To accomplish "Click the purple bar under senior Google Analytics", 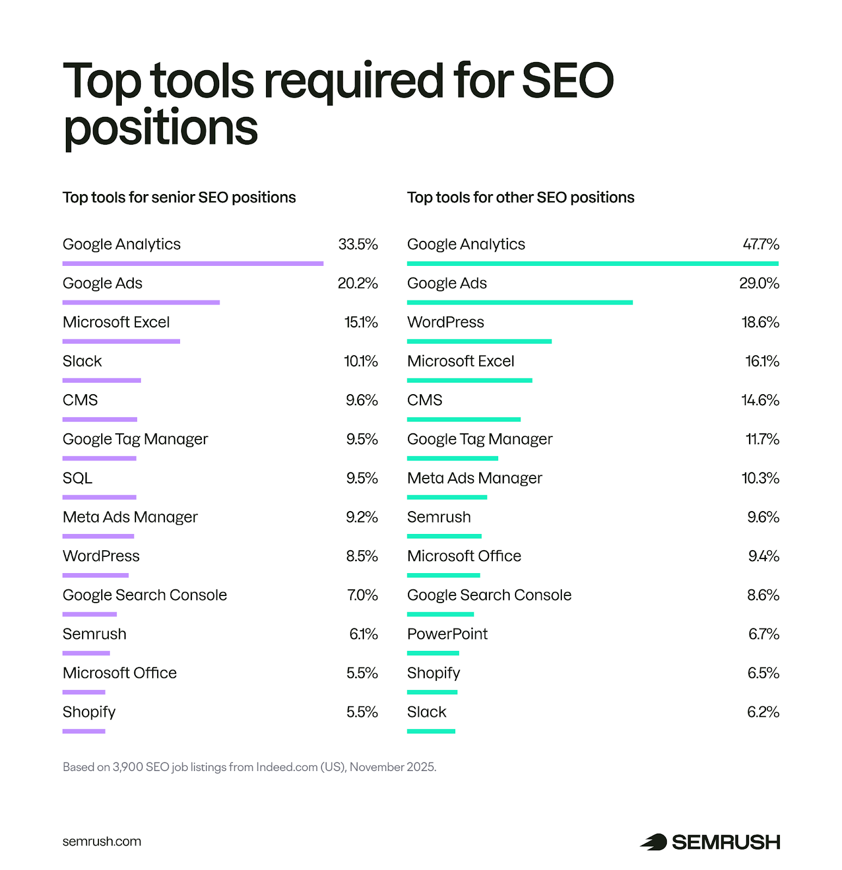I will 193,264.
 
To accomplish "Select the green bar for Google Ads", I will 519,302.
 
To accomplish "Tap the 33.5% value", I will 358,245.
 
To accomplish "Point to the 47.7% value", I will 761,245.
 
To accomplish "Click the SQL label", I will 77,478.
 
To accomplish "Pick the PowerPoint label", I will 447,634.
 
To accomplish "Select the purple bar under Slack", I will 102,381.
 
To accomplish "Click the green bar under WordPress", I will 479,341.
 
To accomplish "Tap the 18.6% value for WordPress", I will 760,322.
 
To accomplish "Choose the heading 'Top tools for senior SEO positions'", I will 179,197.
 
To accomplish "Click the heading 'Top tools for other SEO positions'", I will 521,197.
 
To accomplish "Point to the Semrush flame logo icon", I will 653,842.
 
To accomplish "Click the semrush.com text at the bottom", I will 102,842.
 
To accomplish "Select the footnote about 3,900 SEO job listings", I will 249,767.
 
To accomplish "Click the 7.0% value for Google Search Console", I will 362,595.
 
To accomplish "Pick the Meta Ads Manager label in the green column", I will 474,478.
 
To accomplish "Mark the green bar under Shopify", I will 432,692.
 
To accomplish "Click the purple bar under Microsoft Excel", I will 121,341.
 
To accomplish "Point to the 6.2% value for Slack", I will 763,712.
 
